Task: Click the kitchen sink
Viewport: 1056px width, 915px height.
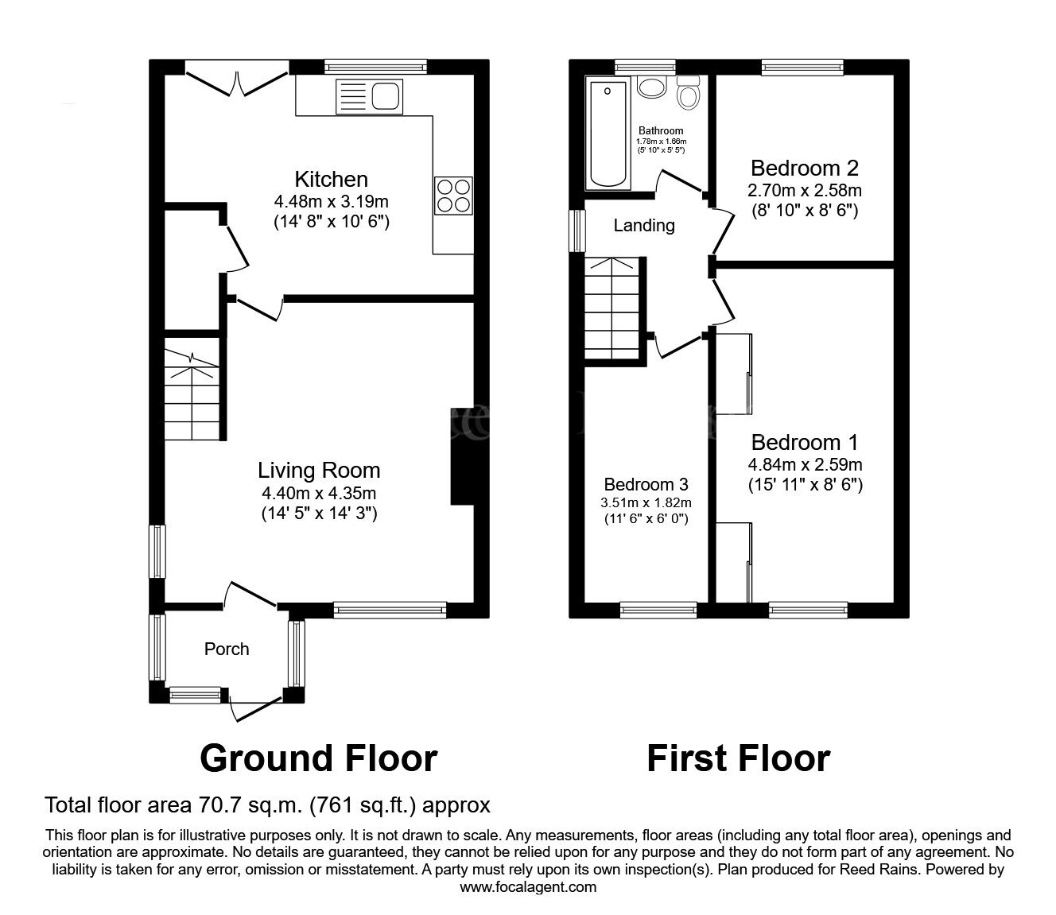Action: (x=370, y=96)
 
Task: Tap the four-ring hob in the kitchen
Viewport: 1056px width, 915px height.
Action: (x=453, y=195)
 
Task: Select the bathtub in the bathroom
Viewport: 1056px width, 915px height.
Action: (x=607, y=134)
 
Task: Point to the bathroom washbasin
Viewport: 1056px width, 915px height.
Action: (x=653, y=87)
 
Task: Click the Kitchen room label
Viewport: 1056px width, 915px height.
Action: (x=331, y=179)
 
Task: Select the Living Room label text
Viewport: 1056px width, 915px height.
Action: (x=319, y=471)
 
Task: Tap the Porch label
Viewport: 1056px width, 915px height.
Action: (x=227, y=649)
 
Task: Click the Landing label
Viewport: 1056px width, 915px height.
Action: (x=644, y=226)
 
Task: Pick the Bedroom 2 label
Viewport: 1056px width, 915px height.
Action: (x=805, y=169)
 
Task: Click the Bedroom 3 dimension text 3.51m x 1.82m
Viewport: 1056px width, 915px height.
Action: (x=646, y=502)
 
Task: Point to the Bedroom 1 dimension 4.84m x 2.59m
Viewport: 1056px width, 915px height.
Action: (x=805, y=464)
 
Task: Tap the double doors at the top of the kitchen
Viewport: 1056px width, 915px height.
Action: (x=236, y=82)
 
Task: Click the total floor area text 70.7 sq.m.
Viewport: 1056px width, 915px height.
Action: (x=267, y=805)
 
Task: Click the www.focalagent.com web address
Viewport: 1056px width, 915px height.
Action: (x=528, y=887)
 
